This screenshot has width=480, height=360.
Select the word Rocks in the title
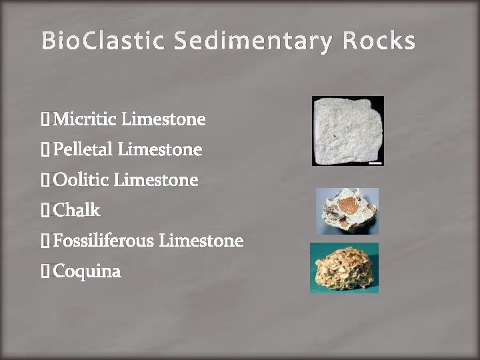coord(379,42)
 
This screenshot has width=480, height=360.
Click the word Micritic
coord(85,120)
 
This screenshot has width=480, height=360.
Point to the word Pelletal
coord(83,150)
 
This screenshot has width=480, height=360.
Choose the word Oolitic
coord(81,180)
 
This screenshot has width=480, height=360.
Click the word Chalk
coord(77,211)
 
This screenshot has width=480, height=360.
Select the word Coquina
coord(87,271)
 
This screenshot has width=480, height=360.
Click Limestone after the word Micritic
coord(165,120)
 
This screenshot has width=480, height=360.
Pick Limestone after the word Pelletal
coord(161,150)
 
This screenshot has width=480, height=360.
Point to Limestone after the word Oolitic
coord(157,180)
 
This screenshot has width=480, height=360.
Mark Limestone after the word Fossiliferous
coord(201,241)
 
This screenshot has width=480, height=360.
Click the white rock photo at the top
coord(347,131)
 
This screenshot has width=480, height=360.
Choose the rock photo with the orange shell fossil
coord(347,211)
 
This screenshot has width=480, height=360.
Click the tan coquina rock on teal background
coord(344,268)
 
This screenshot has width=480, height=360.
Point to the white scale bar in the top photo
coord(375,161)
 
